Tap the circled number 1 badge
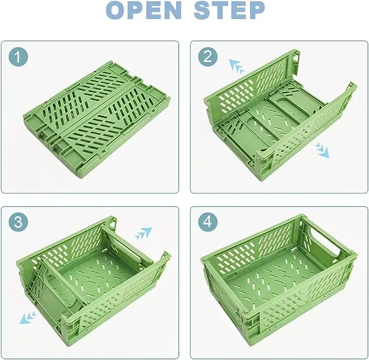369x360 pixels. (x=18, y=57)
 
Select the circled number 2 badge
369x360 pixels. (x=208, y=57)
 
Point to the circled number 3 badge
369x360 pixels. (x=18, y=222)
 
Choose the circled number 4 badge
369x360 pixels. (x=208, y=222)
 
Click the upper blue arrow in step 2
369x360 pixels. (x=236, y=66)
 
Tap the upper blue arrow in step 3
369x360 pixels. (x=143, y=233)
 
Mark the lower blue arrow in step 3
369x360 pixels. (x=29, y=318)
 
